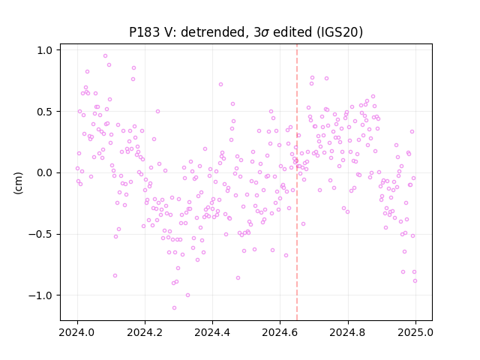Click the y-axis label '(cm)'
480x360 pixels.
pyautogui.click(x=18, y=183)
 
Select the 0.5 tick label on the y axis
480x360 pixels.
pyautogui.click(x=45, y=112)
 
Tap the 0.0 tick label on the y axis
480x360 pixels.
pyautogui.click(x=45, y=173)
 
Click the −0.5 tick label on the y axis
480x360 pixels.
pyautogui.click(x=40, y=235)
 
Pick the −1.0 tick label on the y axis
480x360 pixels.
pyautogui.click(x=40, y=295)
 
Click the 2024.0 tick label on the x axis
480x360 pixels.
pyautogui.click(x=77, y=332)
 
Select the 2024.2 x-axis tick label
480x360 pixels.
pyautogui.click(x=145, y=332)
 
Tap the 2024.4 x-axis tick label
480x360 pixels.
pyautogui.click(x=212, y=332)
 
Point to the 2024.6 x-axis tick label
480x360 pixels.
pyautogui.click(x=280, y=332)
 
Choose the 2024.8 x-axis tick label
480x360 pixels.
pyautogui.click(x=348, y=332)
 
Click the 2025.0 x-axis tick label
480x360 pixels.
pyautogui.click(x=415, y=332)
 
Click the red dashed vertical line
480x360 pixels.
pyautogui.click(x=297, y=182)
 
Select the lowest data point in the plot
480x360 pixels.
pyautogui.click(x=174, y=307)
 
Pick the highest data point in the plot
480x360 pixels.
pyautogui.click(x=105, y=56)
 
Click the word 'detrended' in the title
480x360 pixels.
pyautogui.click(x=214, y=32)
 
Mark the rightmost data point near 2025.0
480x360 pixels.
pyautogui.click(x=415, y=280)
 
